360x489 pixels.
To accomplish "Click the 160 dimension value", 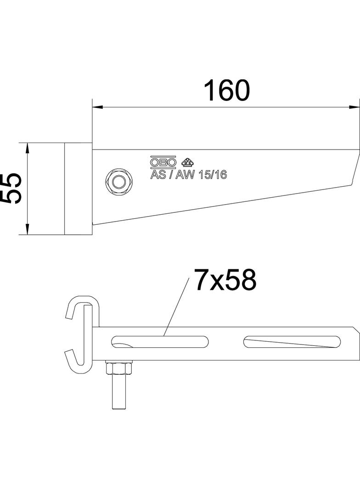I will pos(227,90).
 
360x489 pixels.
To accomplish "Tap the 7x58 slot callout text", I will pos(225,280).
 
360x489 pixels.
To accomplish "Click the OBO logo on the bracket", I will pos(163,162).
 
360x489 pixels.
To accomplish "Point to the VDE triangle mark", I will pos(187,162).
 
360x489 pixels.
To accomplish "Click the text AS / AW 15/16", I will pos(189,175).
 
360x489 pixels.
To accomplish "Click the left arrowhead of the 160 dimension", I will pos(97,107).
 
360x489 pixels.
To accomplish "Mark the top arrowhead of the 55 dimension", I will pos(28,148).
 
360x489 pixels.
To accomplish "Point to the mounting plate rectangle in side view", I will pos(78,188).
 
